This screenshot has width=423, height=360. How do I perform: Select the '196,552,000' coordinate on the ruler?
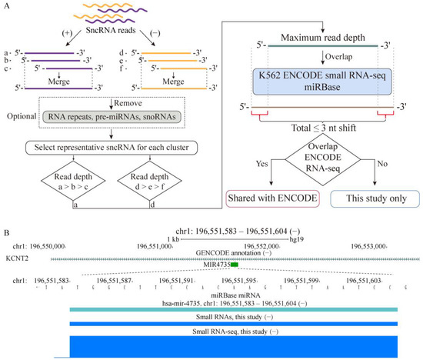(265, 246)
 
